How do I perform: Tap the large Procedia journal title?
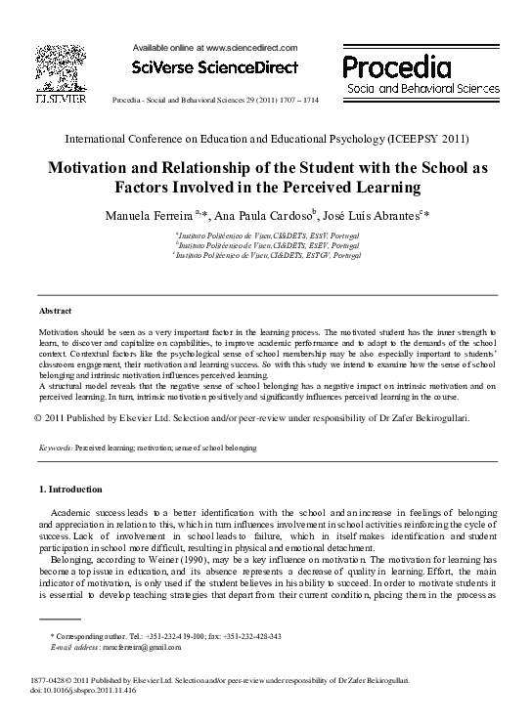click(x=398, y=66)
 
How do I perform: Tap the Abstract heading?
click(x=55, y=310)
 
